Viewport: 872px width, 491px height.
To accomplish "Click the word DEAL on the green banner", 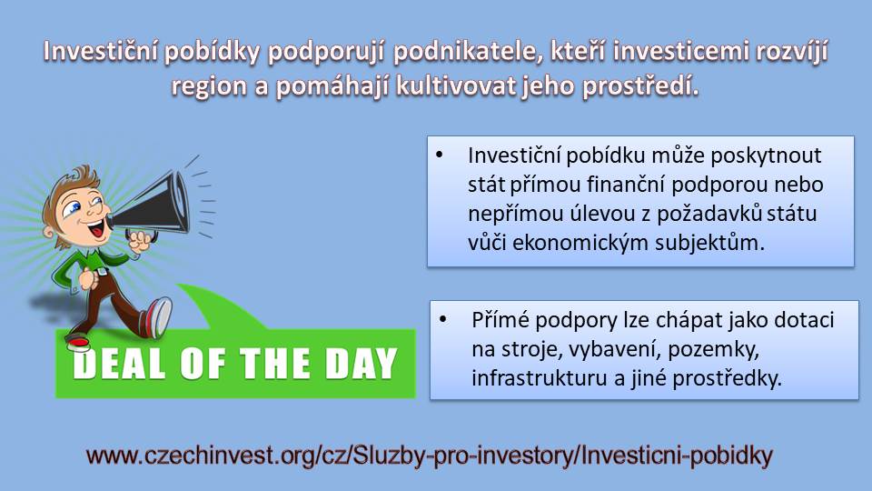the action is pyautogui.click(x=119, y=364).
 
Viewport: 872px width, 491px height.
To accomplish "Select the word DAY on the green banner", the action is pyautogui.click(x=361, y=364).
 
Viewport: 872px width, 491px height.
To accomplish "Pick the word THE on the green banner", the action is pyautogui.click(x=274, y=364).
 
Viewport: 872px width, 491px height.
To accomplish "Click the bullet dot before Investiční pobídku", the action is pyautogui.click(x=440, y=155).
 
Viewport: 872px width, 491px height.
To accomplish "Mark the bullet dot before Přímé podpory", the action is pyautogui.click(x=443, y=319).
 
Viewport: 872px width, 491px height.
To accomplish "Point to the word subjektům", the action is pyautogui.click(x=709, y=244).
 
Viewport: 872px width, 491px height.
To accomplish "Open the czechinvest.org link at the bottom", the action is pyautogui.click(x=430, y=456).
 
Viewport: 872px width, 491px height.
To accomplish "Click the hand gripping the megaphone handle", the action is pyautogui.click(x=139, y=240).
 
